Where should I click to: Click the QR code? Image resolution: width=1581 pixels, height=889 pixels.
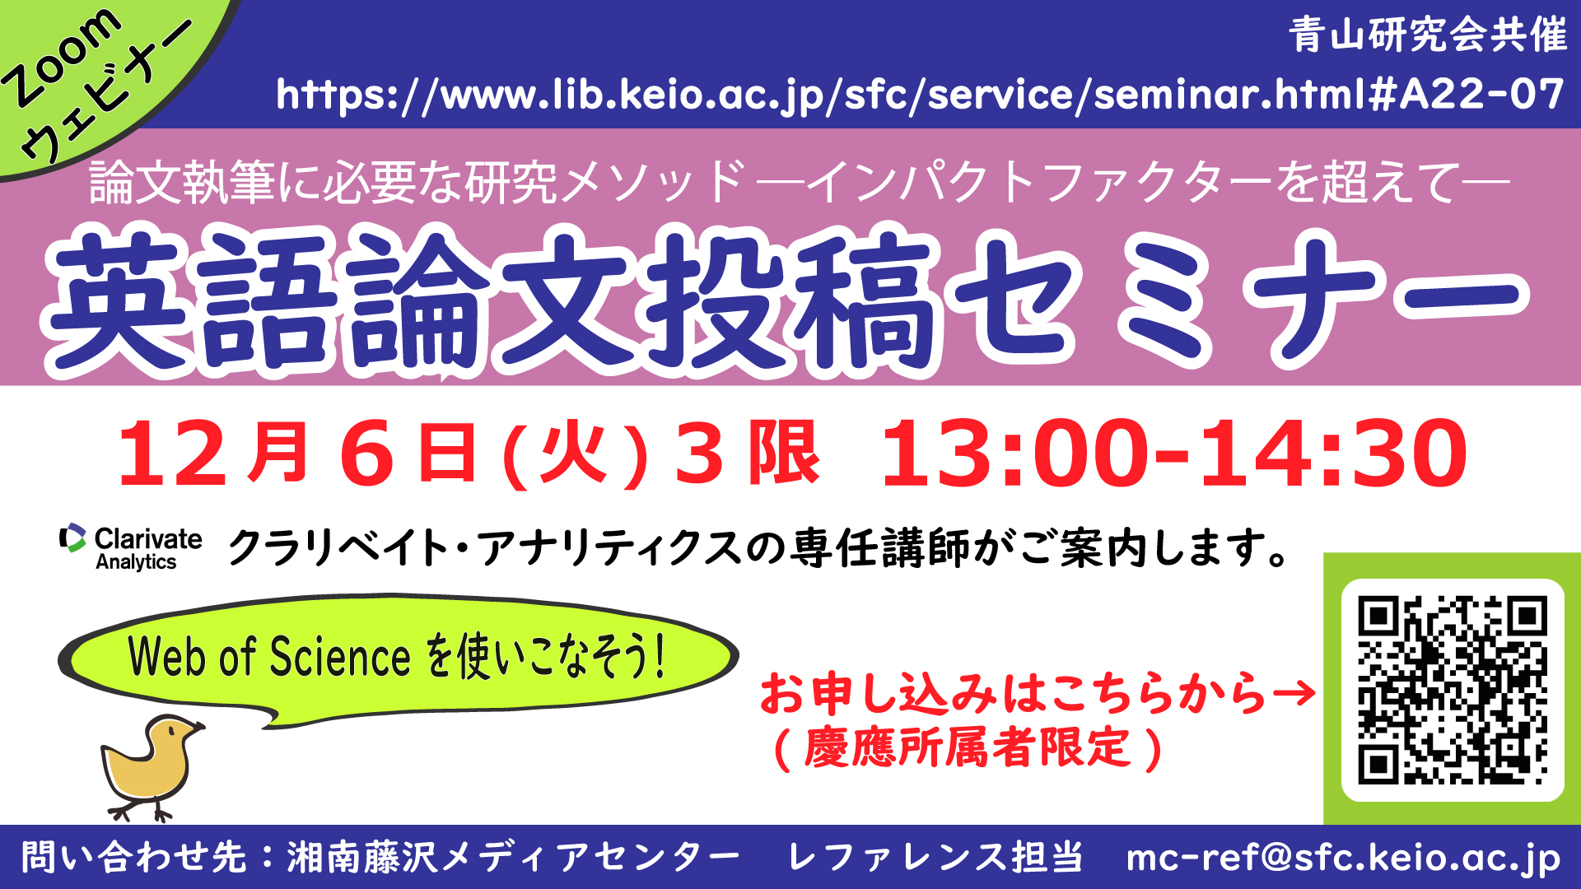tap(1453, 690)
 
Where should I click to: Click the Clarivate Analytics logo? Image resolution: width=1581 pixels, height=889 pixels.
tap(130, 547)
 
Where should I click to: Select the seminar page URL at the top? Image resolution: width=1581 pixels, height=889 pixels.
tap(920, 95)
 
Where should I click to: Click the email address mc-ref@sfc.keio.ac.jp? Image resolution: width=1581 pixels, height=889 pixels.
tap(1343, 858)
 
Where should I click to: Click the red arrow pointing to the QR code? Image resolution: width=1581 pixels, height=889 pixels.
tap(1294, 693)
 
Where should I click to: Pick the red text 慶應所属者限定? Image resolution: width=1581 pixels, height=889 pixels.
tap(968, 747)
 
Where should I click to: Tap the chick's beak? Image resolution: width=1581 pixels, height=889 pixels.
tap(198, 728)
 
